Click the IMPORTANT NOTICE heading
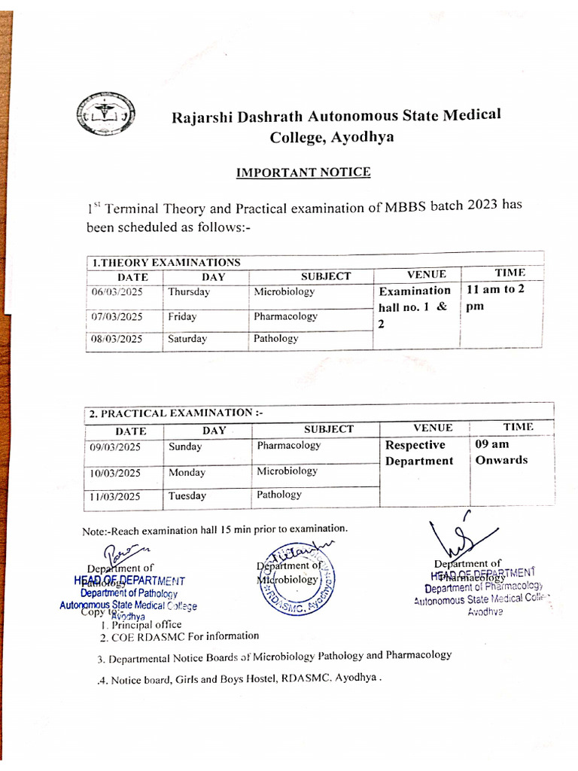(x=303, y=172)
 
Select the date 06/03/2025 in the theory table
(x=117, y=292)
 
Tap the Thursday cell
(x=189, y=292)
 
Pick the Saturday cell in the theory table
(x=187, y=339)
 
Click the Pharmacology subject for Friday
(x=285, y=316)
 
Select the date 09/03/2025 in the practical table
(x=117, y=446)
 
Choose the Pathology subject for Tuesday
(x=278, y=495)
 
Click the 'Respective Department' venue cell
(x=418, y=453)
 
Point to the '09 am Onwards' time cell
(x=501, y=453)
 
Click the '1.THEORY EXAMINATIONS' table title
(x=166, y=263)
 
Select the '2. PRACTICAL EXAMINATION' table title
(x=176, y=413)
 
